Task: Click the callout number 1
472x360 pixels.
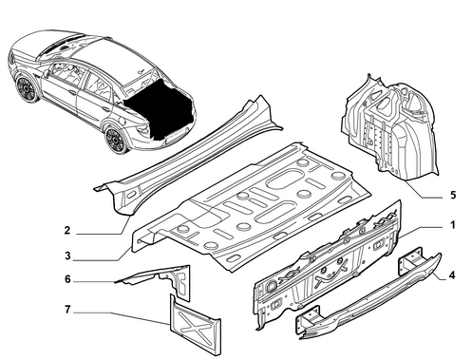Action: tap(453, 225)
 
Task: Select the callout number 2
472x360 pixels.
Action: tap(66, 230)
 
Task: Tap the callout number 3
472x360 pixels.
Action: tap(67, 256)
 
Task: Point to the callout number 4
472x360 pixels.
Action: tap(452, 275)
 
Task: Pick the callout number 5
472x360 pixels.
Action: tap(453, 195)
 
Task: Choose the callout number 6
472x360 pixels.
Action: tap(67, 279)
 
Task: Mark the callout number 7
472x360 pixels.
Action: tap(67, 310)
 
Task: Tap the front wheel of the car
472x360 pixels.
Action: tap(27, 88)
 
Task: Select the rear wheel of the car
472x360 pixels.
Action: tap(116, 140)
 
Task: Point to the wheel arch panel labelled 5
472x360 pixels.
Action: tap(392, 126)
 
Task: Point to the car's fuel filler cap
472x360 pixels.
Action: tap(122, 121)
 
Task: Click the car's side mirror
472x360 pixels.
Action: tap(47, 73)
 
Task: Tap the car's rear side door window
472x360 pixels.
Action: tap(98, 84)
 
